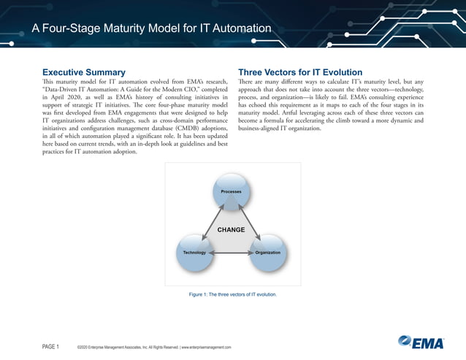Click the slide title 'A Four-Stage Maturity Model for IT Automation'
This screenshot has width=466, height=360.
click(x=151, y=28)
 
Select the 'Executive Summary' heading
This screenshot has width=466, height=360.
click(x=83, y=72)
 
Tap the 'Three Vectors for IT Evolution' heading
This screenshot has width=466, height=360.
click(x=300, y=72)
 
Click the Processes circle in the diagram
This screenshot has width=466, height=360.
click(x=232, y=191)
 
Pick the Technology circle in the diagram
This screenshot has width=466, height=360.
click(x=194, y=252)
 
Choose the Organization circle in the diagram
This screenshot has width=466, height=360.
click(x=267, y=252)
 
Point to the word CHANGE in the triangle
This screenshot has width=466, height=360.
click(x=231, y=230)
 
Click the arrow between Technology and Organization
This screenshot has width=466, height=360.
click(x=231, y=253)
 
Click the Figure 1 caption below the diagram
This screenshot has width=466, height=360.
click(x=232, y=295)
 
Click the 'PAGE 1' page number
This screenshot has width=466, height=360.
click(x=50, y=346)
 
